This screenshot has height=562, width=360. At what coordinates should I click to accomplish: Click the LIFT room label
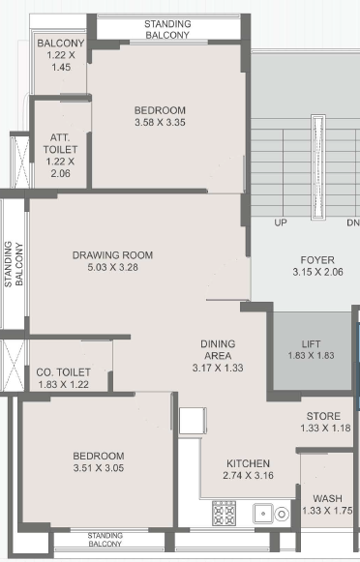311,344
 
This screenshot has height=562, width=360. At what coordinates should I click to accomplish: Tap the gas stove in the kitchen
225,514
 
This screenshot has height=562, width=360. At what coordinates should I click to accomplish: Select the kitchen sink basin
263,514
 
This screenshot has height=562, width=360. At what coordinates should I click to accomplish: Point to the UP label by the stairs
281,222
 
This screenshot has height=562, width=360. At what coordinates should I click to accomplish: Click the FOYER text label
317,260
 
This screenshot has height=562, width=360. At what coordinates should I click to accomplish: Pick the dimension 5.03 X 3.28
113,267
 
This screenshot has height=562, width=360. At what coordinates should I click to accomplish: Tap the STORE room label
323,416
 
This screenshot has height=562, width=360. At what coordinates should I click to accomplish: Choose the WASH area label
327,498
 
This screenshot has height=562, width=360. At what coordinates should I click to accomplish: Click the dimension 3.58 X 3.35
160,122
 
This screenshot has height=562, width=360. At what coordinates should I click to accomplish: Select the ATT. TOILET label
60,143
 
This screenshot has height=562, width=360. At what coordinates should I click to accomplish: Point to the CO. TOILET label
64,372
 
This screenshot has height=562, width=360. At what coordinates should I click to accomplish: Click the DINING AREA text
218,350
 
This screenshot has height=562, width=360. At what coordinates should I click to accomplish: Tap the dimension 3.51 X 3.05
99,468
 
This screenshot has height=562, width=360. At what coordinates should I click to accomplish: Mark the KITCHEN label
248,463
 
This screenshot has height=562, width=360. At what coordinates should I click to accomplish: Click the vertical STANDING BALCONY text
14,264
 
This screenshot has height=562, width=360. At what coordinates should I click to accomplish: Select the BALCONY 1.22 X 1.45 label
61,55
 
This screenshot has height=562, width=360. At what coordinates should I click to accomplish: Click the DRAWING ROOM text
112,255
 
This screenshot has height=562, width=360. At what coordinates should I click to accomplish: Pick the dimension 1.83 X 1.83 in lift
311,356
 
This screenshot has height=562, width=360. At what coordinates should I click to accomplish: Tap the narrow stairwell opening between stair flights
318,167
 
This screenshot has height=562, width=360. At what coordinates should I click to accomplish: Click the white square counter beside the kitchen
193,421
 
